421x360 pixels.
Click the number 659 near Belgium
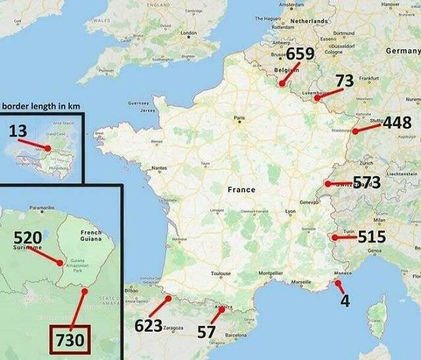point(300,55)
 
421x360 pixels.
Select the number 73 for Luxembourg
point(344,81)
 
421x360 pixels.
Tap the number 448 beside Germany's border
point(397,123)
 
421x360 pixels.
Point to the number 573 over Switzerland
point(366,182)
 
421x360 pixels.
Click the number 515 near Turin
point(372,236)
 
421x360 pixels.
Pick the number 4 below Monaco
point(345,301)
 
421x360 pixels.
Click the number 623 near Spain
point(148,326)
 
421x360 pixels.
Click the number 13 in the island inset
point(18,130)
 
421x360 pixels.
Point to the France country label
point(241,189)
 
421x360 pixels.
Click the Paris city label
point(240,118)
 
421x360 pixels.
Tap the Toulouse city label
point(221,273)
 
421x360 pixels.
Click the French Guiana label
point(91,236)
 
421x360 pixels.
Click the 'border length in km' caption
point(41,106)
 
